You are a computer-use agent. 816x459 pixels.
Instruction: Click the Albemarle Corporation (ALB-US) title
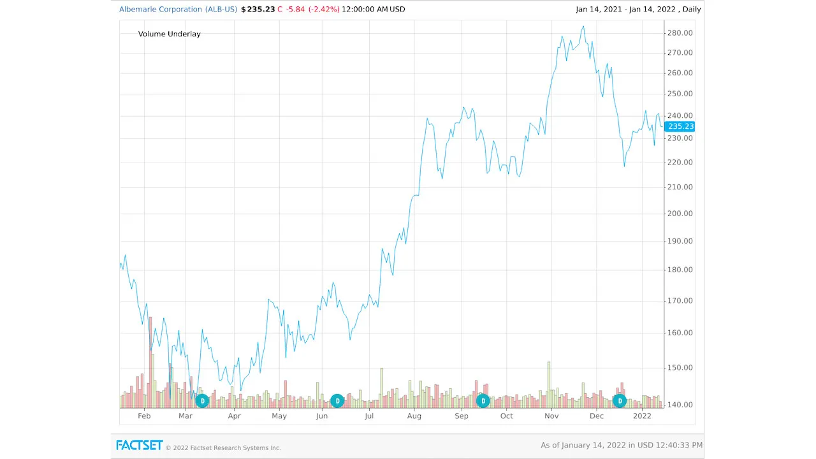click(178, 10)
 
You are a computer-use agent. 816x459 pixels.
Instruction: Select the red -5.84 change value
click(295, 10)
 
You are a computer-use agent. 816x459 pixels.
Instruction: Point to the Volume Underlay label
click(169, 34)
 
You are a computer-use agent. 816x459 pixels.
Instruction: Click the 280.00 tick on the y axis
click(679, 33)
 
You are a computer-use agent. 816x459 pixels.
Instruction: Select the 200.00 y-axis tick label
click(679, 214)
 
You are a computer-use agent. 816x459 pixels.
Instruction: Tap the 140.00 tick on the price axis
click(679, 405)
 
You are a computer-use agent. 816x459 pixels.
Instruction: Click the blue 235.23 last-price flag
click(680, 126)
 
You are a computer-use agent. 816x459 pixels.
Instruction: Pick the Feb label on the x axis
click(144, 416)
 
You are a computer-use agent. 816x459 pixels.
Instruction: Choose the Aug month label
click(414, 416)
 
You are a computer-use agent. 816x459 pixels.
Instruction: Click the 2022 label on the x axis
click(642, 416)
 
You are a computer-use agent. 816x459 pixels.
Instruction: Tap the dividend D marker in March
click(202, 400)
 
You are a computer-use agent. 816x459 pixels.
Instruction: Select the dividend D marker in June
click(337, 400)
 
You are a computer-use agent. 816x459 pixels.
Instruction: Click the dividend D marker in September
click(483, 400)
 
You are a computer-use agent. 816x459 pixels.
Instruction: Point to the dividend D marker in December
click(619, 400)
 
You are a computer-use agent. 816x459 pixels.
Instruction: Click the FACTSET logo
click(140, 445)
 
